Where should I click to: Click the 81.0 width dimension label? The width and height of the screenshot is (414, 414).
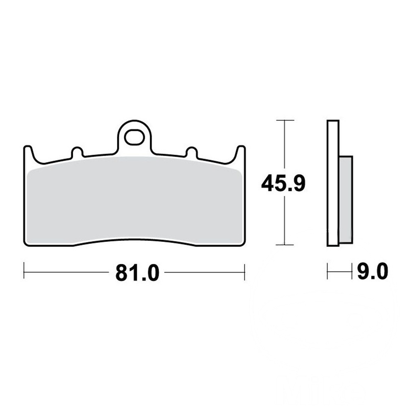point(137,273)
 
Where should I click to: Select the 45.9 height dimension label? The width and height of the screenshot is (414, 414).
point(283,183)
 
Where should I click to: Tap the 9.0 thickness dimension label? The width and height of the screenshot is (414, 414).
point(373,271)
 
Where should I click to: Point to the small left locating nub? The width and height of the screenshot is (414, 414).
point(77,152)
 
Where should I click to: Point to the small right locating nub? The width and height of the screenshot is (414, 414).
point(192,152)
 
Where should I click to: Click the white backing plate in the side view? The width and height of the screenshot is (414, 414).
point(333,183)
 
